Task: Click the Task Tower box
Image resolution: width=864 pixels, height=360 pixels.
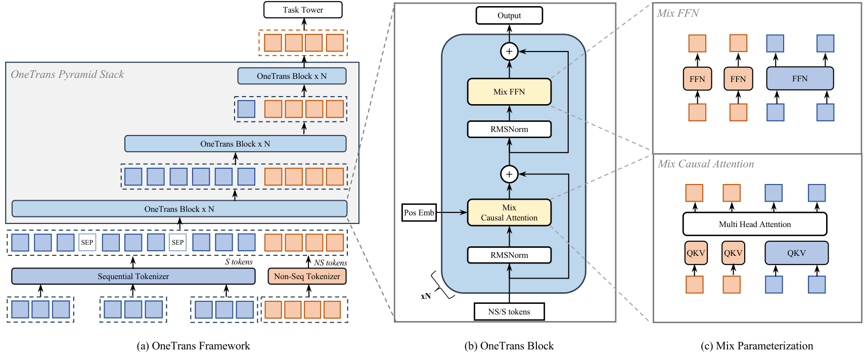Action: coord(303,10)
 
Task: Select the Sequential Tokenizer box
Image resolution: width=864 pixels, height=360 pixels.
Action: coord(133,277)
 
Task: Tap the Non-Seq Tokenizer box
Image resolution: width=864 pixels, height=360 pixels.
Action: coord(307,277)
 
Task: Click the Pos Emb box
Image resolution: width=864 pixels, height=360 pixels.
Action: coord(419,213)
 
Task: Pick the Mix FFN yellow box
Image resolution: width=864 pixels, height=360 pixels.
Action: coord(509,92)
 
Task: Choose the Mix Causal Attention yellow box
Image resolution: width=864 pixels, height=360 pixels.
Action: coord(509,213)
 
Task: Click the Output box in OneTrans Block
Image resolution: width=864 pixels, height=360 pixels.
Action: coord(509,16)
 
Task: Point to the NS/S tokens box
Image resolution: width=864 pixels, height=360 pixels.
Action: coord(509,312)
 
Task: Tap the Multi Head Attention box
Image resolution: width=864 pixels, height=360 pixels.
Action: coord(755,224)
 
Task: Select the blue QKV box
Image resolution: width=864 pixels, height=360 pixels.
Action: coord(796,253)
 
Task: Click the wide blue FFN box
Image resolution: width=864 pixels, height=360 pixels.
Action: coord(800,79)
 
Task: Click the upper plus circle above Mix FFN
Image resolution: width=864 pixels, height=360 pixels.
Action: coord(509,52)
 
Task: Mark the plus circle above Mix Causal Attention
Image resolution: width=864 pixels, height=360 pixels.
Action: coord(509,174)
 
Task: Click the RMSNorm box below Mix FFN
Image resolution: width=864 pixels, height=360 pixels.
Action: coord(509,129)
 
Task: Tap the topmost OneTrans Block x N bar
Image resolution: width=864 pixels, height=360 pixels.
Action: coord(292,76)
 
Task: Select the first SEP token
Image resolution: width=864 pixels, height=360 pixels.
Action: coord(87,243)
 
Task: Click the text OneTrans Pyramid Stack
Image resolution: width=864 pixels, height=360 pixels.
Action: coord(67,75)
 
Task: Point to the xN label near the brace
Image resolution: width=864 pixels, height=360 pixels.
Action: coord(426,296)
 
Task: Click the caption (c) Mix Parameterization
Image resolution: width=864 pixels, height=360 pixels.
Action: coord(757,346)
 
